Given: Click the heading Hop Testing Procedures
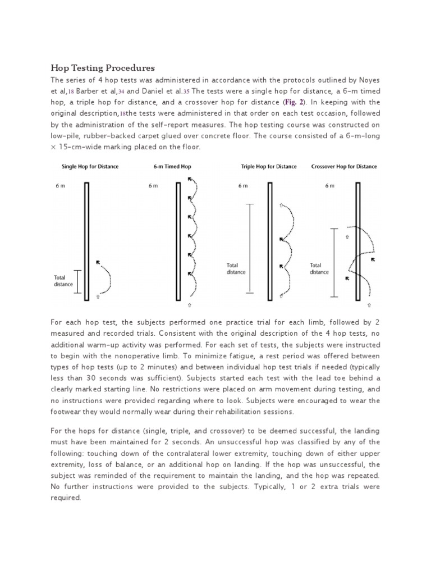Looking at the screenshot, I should point(102,68).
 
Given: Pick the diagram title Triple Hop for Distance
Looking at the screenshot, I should point(269,166).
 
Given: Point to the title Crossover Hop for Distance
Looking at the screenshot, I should point(343,166).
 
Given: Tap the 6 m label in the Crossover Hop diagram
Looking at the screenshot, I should point(329,186).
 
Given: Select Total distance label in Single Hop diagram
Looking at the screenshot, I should point(63,280).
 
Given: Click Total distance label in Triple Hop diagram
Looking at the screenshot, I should point(236,268).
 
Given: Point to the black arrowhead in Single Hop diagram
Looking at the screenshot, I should point(99,262).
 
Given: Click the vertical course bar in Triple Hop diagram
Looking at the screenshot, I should point(270,242).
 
